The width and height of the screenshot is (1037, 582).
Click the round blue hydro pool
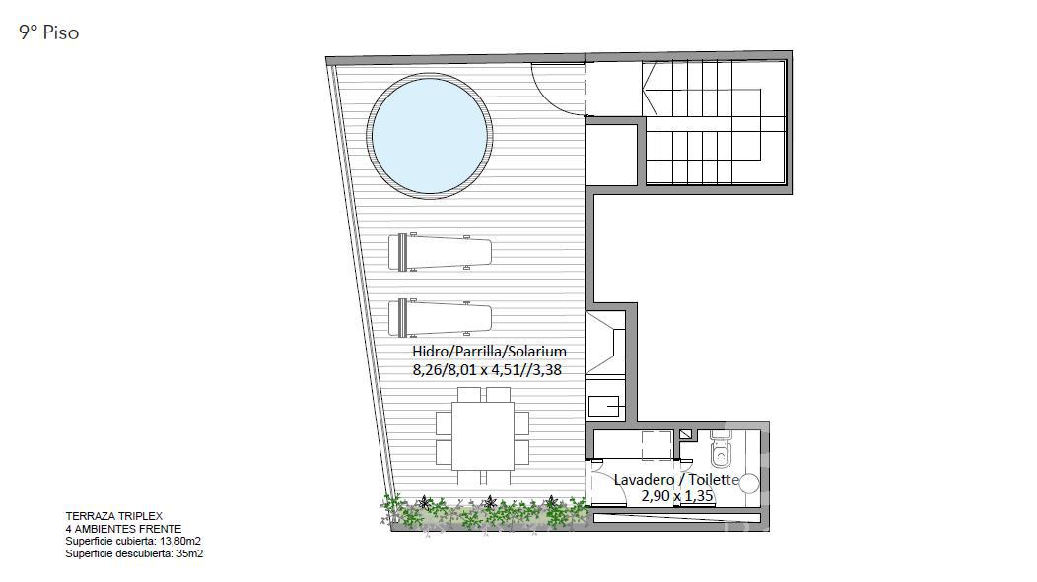point(430,136)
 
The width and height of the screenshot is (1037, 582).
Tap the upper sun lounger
point(440,252)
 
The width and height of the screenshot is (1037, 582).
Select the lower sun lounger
point(440,318)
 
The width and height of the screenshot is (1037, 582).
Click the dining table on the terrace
point(483,436)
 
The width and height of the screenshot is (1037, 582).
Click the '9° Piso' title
point(49,32)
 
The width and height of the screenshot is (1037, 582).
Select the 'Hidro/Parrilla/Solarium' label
point(489,352)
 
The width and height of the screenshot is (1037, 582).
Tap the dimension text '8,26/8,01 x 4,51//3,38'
point(487,370)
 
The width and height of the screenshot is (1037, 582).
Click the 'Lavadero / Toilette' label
point(676,479)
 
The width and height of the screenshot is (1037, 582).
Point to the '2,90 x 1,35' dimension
point(677,495)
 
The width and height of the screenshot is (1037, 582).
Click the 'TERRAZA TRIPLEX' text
point(113,516)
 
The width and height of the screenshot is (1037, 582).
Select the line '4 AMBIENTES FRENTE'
point(123,529)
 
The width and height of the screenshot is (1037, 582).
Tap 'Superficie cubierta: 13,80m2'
point(133,541)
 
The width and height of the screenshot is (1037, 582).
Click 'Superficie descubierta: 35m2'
point(134,553)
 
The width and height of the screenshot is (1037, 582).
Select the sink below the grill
point(605,405)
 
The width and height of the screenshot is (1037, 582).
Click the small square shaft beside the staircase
point(612,154)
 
